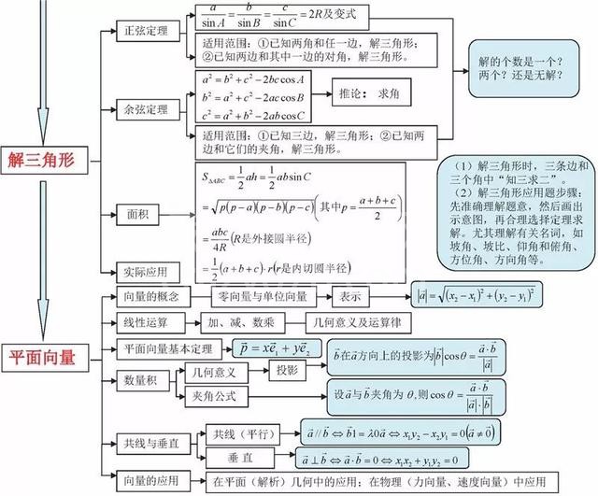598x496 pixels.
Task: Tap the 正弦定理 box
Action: click(146, 31)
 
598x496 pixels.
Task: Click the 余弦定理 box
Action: click(146, 110)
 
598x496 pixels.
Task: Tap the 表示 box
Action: click(351, 297)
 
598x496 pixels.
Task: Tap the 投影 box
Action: click(288, 371)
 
